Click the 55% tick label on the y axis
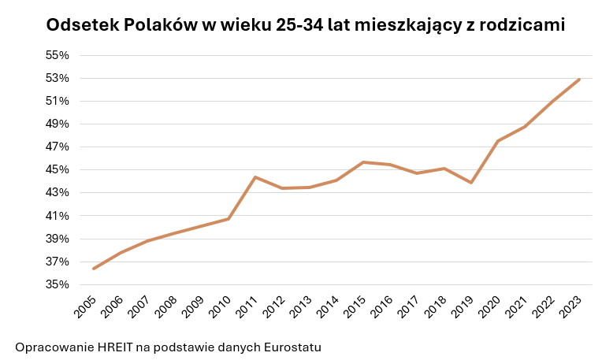click(x=58, y=55)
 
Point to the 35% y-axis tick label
click(x=58, y=285)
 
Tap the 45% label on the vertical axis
click(x=58, y=169)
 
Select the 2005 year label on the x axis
click(x=85, y=307)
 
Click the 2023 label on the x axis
click(x=570, y=307)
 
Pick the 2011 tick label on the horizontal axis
click(x=247, y=307)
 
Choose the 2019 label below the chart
click(x=463, y=307)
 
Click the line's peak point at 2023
click(x=578, y=80)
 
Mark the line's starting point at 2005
click(x=94, y=269)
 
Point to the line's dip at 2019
click(x=471, y=183)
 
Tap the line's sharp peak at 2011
click(x=255, y=177)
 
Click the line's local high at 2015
click(x=363, y=162)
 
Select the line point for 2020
click(x=498, y=141)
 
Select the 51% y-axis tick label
click(x=58, y=101)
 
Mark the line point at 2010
click(x=229, y=219)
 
